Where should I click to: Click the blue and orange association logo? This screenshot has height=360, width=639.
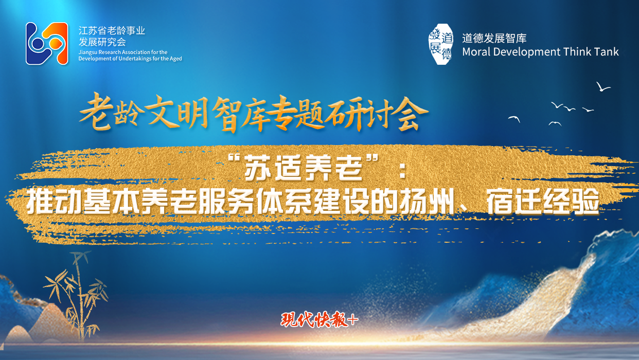pyautogui.click(x=47, y=43)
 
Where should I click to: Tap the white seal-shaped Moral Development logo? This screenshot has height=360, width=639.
pyautogui.click(x=441, y=44)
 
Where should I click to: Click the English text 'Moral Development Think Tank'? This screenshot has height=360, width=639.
pyautogui.click(x=540, y=52)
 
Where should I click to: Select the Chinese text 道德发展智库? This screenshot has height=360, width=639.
pyautogui.click(x=494, y=38)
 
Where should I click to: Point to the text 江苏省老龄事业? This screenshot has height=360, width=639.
pyautogui.click(x=112, y=30)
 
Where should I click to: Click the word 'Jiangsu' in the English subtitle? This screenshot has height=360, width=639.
pyautogui.click(x=87, y=52)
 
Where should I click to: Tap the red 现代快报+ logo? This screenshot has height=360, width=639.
pyautogui.click(x=319, y=319)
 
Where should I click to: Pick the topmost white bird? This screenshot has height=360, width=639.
pyautogui.click(x=602, y=87)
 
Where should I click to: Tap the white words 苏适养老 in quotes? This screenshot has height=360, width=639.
pyautogui.click(x=303, y=168)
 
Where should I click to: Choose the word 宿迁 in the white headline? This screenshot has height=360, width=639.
pyautogui.click(x=513, y=202)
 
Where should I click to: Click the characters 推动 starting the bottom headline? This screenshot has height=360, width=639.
pyautogui.click(x=54, y=202)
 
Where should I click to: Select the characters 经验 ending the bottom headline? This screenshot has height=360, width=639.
pyautogui.click(x=571, y=202)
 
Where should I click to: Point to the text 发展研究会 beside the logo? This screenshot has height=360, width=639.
pyautogui.click(x=102, y=42)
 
